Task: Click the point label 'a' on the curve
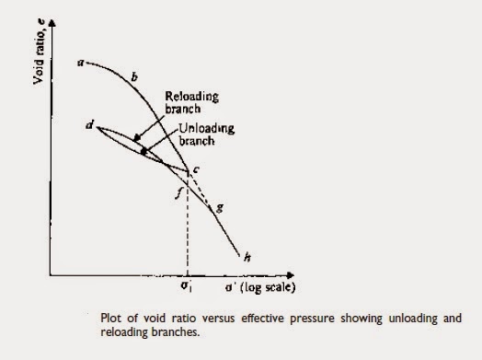click(81, 63)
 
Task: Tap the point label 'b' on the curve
click(134, 80)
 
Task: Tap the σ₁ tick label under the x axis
click(188, 287)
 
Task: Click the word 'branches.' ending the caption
click(176, 332)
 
